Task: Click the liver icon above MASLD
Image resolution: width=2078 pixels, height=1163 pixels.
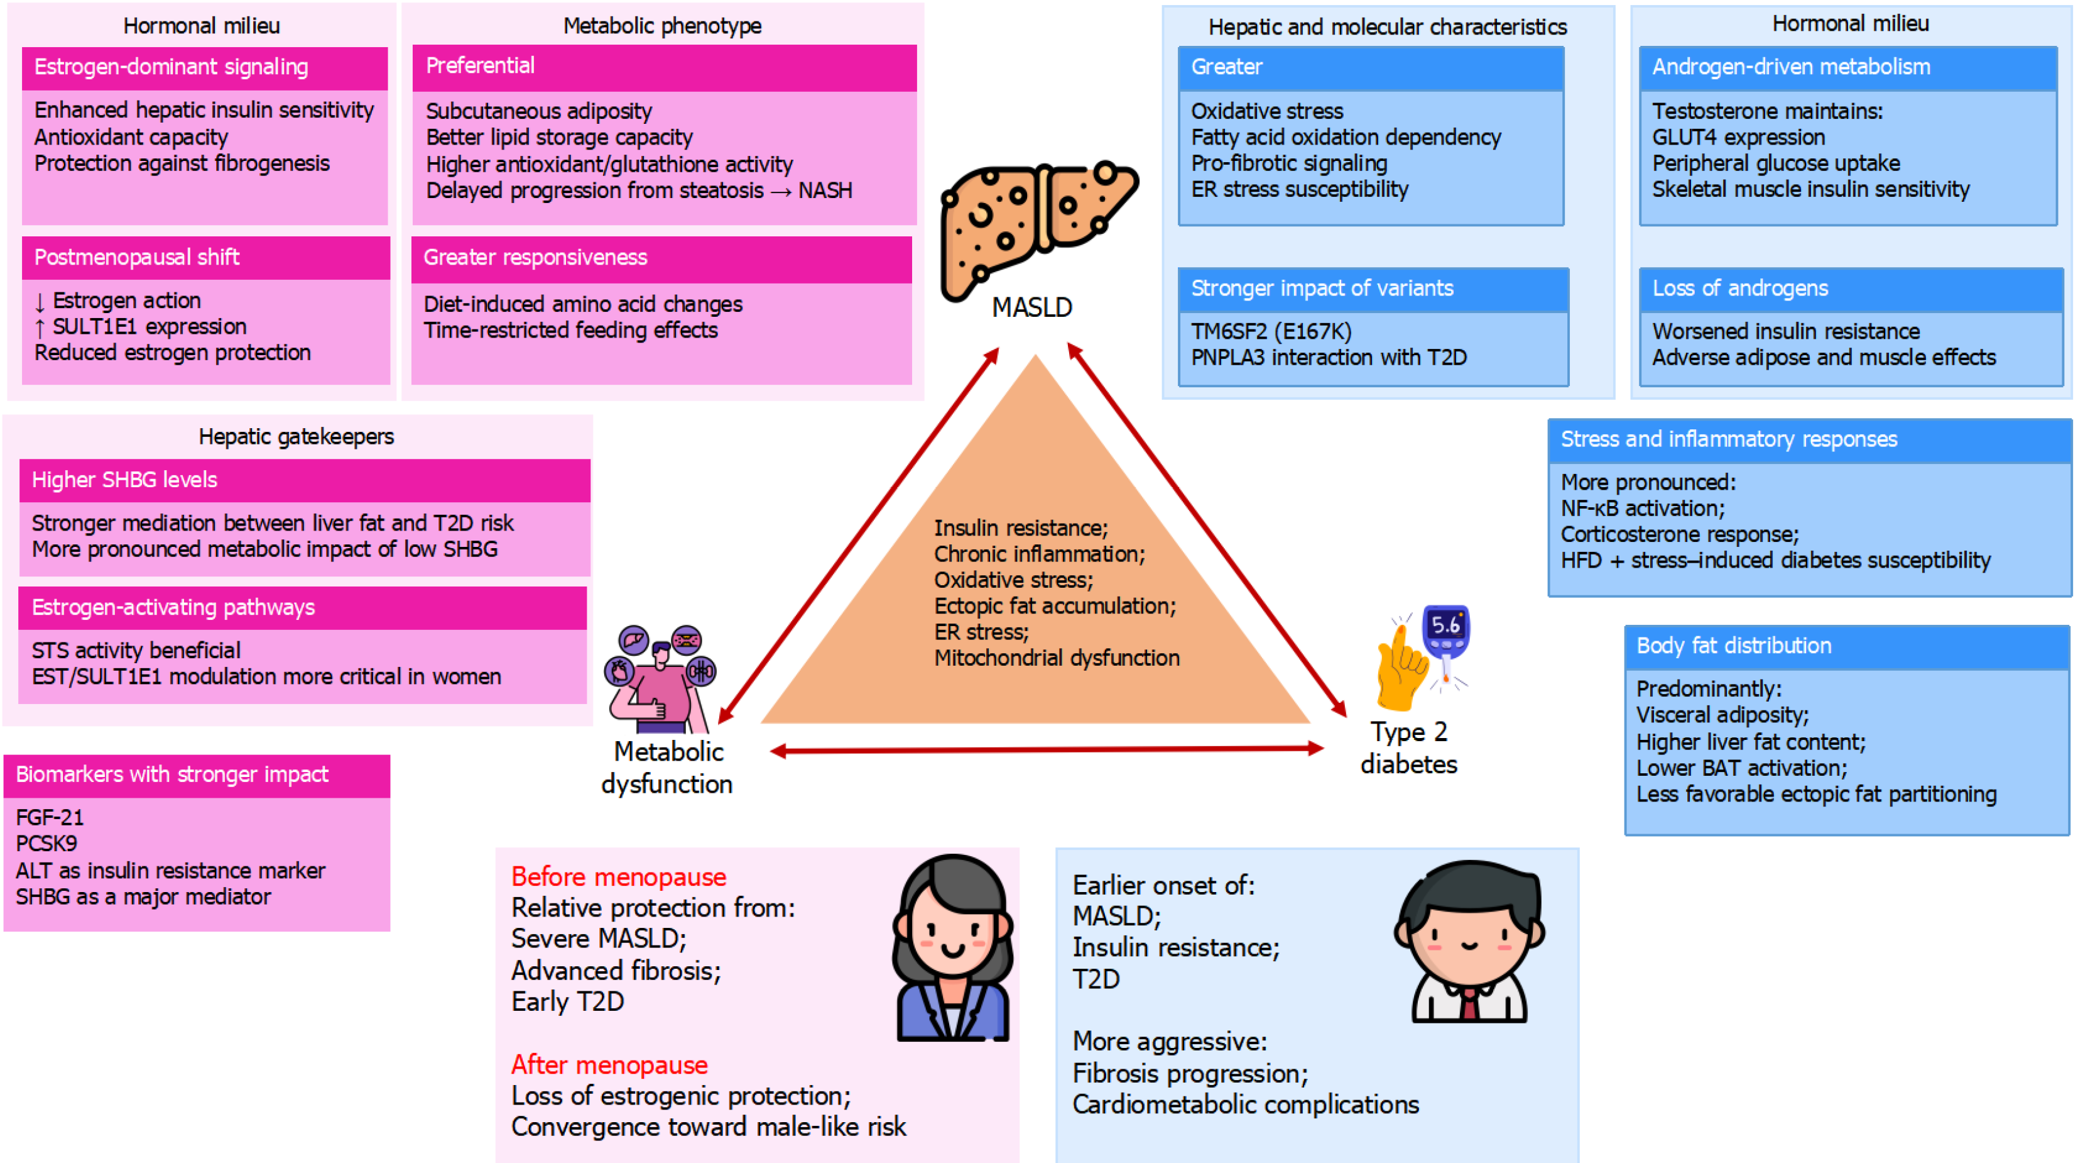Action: tap(1039, 231)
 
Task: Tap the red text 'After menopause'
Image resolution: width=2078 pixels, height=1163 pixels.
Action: tap(609, 1066)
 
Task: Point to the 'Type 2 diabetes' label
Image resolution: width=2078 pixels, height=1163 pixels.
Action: tap(1408, 748)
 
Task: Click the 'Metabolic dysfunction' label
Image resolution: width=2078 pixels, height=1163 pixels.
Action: tap(667, 768)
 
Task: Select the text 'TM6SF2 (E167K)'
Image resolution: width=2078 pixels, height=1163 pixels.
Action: tap(1271, 332)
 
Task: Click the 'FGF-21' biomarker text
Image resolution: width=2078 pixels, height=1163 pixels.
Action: tap(50, 818)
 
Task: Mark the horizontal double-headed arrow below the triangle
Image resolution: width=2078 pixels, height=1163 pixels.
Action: tap(1047, 751)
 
